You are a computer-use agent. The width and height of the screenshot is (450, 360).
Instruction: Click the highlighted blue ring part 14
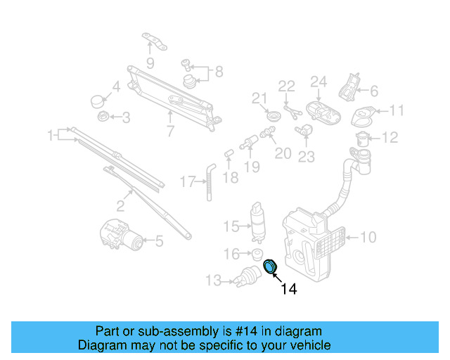point(270,266)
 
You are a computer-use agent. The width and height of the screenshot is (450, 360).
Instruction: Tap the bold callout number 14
point(288,289)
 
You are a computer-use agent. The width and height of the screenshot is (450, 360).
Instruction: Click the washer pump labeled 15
point(257,221)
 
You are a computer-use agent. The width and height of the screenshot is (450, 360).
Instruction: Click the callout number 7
point(169,131)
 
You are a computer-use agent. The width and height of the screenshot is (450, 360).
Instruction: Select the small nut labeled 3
point(102,116)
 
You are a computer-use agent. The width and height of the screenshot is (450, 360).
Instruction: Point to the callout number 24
point(319,82)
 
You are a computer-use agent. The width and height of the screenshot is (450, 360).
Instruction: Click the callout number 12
point(390,137)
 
